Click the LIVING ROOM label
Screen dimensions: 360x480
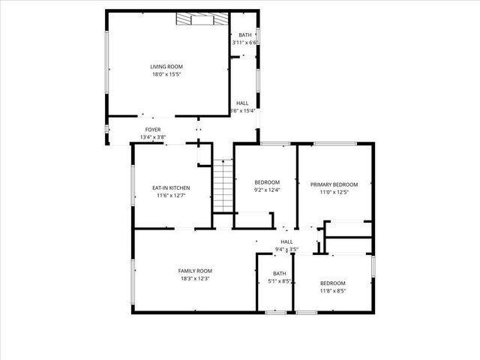[166, 67]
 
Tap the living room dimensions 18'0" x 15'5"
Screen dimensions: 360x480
[166, 75]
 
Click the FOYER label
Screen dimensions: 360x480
[152, 130]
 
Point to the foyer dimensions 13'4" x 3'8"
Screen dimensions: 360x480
[152, 137]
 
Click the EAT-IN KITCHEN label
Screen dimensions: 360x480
[170, 187]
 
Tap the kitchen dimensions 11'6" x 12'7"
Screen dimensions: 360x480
[170, 196]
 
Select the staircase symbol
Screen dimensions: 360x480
[220, 187]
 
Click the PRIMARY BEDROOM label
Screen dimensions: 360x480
[334, 184]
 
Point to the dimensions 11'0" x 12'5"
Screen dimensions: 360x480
[334, 193]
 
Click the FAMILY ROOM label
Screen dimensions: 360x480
[195, 271]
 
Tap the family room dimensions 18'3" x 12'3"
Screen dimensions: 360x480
[195, 279]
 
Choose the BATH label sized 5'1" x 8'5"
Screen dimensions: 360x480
[280, 274]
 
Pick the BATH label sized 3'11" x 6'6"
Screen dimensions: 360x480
[245, 35]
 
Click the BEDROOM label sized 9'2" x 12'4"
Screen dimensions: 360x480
[267, 182]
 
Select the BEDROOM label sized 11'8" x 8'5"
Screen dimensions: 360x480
[332, 283]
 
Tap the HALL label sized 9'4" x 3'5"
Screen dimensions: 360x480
[286, 241]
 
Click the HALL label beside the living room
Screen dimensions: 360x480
[242, 103]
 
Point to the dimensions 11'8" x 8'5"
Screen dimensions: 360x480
[332, 291]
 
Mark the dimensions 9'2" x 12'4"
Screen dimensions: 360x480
[267, 190]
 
